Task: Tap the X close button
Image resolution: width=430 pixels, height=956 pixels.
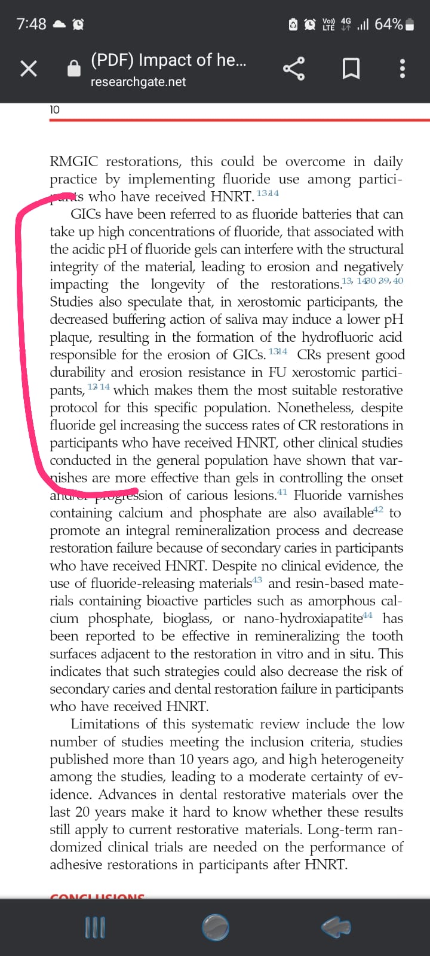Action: click(x=29, y=69)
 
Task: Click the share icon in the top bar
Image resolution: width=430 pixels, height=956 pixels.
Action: click(x=293, y=69)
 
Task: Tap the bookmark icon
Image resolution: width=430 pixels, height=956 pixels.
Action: click(x=351, y=69)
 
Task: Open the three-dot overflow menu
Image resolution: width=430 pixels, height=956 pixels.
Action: click(x=403, y=69)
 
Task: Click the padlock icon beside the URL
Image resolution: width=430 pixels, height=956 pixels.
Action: click(x=73, y=69)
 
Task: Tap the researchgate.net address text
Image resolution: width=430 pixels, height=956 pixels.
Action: click(x=138, y=82)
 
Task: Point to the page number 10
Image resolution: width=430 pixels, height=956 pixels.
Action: click(x=54, y=109)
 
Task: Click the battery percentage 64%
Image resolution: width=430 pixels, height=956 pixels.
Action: click(x=388, y=24)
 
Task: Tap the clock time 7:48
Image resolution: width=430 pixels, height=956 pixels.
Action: click(x=31, y=24)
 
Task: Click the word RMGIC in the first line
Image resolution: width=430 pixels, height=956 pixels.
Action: click(x=74, y=162)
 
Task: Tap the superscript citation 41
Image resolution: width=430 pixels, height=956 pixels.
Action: click(x=282, y=492)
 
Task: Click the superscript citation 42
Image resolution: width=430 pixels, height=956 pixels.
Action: click(x=377, y=510)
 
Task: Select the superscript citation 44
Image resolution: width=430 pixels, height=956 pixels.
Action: click(x=367, y=615)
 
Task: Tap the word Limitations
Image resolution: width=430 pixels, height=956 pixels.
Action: click(x=105, y=724)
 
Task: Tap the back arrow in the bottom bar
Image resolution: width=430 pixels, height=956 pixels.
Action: click(x=336, y=927)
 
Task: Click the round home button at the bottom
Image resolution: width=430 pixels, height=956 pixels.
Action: click(x=215, y=927)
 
